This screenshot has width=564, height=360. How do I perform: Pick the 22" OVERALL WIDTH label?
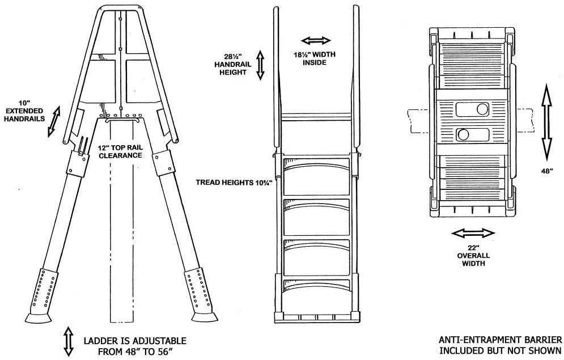point(473,255)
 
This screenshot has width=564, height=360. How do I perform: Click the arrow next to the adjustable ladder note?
point(69,341)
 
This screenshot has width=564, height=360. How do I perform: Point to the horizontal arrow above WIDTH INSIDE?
point(316,41)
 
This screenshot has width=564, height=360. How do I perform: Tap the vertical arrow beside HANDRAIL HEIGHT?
point(260,65)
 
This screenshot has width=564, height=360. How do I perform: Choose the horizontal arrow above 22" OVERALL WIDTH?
point(473,233)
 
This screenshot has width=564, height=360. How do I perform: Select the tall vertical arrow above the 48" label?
point(545,122)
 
